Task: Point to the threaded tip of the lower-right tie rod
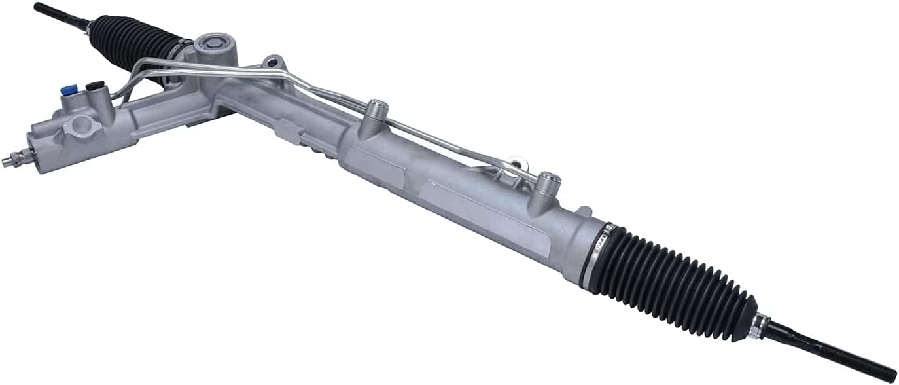coord(877,370)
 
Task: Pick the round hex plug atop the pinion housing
coord(213,44)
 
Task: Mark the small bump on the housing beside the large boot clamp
coord(584,212)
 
